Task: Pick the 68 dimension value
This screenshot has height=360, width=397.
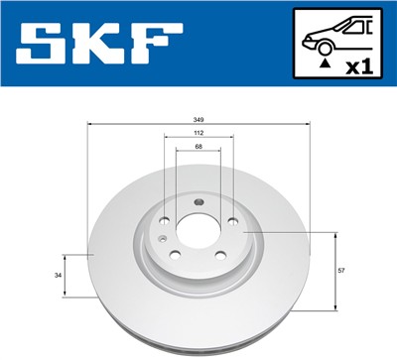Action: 199,147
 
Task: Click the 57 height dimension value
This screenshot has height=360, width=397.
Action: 342,269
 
